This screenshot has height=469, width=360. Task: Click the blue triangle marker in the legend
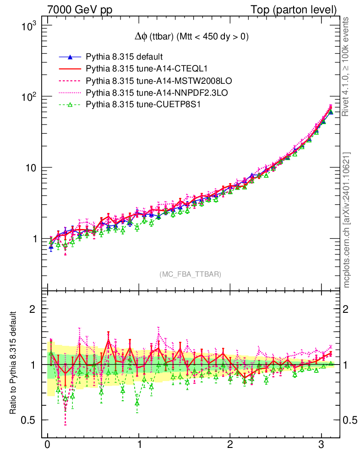pyautogui.click(x=70, y=57)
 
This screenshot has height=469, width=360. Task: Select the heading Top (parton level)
pyautogui.click(x=300, y=10)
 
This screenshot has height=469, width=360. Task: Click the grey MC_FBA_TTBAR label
pyautogui.click(x=190, y=274)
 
